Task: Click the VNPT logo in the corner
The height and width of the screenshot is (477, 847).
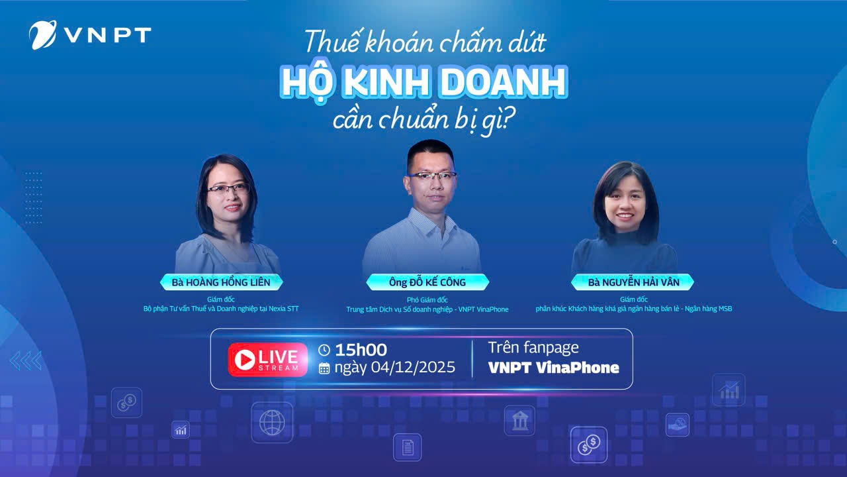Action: [90, 34]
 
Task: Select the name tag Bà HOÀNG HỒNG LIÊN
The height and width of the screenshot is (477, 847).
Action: [221, 282]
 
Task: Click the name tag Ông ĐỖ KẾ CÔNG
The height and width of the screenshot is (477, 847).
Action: [427, 282]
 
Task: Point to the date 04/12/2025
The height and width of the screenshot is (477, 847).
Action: [413, 368]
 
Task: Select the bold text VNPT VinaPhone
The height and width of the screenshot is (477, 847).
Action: [553, 368]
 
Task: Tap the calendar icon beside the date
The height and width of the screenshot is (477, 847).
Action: [324, 368]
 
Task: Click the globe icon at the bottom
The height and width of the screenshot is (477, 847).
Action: [271, 422]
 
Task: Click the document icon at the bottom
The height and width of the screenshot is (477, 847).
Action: [407, 447]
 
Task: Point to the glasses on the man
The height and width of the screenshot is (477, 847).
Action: [431, 176]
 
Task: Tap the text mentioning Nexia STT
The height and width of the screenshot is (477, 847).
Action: [221, 309]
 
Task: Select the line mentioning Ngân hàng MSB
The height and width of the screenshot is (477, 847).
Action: [633, 309]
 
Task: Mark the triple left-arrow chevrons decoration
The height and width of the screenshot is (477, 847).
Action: [26, 360]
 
